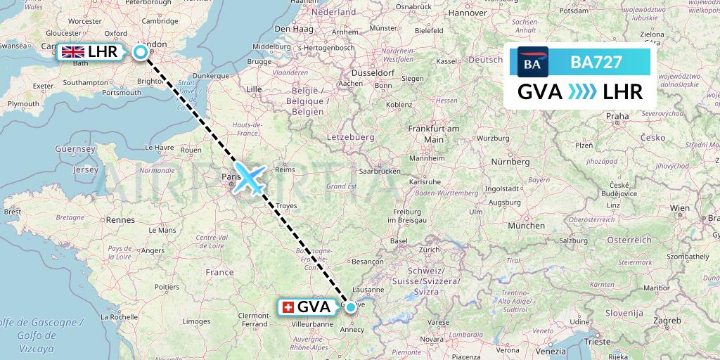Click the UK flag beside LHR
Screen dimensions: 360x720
(73, 51)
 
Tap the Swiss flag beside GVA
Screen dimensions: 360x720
(288, 308)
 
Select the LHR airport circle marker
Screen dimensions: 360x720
(141, 51)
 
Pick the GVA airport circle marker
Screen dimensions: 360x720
(350, 307)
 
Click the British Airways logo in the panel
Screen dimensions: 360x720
(532, 63)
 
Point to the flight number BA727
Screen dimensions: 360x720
(596, 62)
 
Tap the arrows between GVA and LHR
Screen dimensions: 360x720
(581, 92)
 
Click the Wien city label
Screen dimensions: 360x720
(679, 208)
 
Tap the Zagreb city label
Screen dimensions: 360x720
(667, 320)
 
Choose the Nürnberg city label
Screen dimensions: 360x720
(510, 162)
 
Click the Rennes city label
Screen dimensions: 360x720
(121, 220)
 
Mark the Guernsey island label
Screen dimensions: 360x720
(76, 150)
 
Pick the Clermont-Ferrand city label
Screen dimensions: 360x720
(255, 320)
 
